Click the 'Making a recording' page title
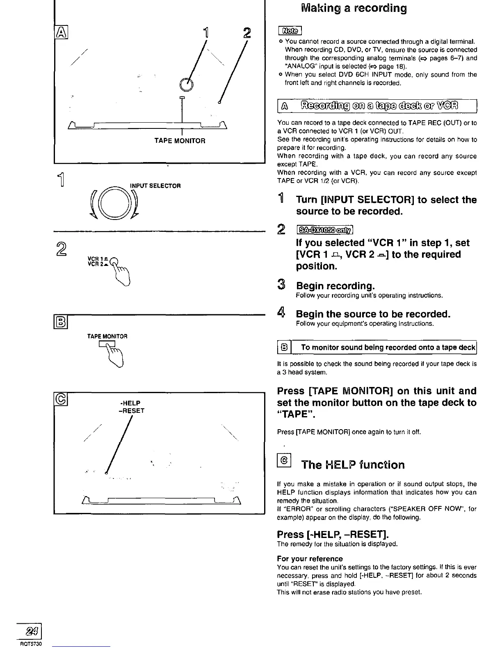point(354,9)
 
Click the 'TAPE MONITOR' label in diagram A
point(180,141)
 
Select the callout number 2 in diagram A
point(246,32)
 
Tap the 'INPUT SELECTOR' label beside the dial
point(155,186)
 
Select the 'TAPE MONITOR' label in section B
point(107,336)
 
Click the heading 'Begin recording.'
point(335,286)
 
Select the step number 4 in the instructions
point(281,314)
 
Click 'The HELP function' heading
point(353,465)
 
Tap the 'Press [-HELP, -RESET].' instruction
point(333,534)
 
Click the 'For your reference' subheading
point(310,558)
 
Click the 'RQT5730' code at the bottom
point(32,644)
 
